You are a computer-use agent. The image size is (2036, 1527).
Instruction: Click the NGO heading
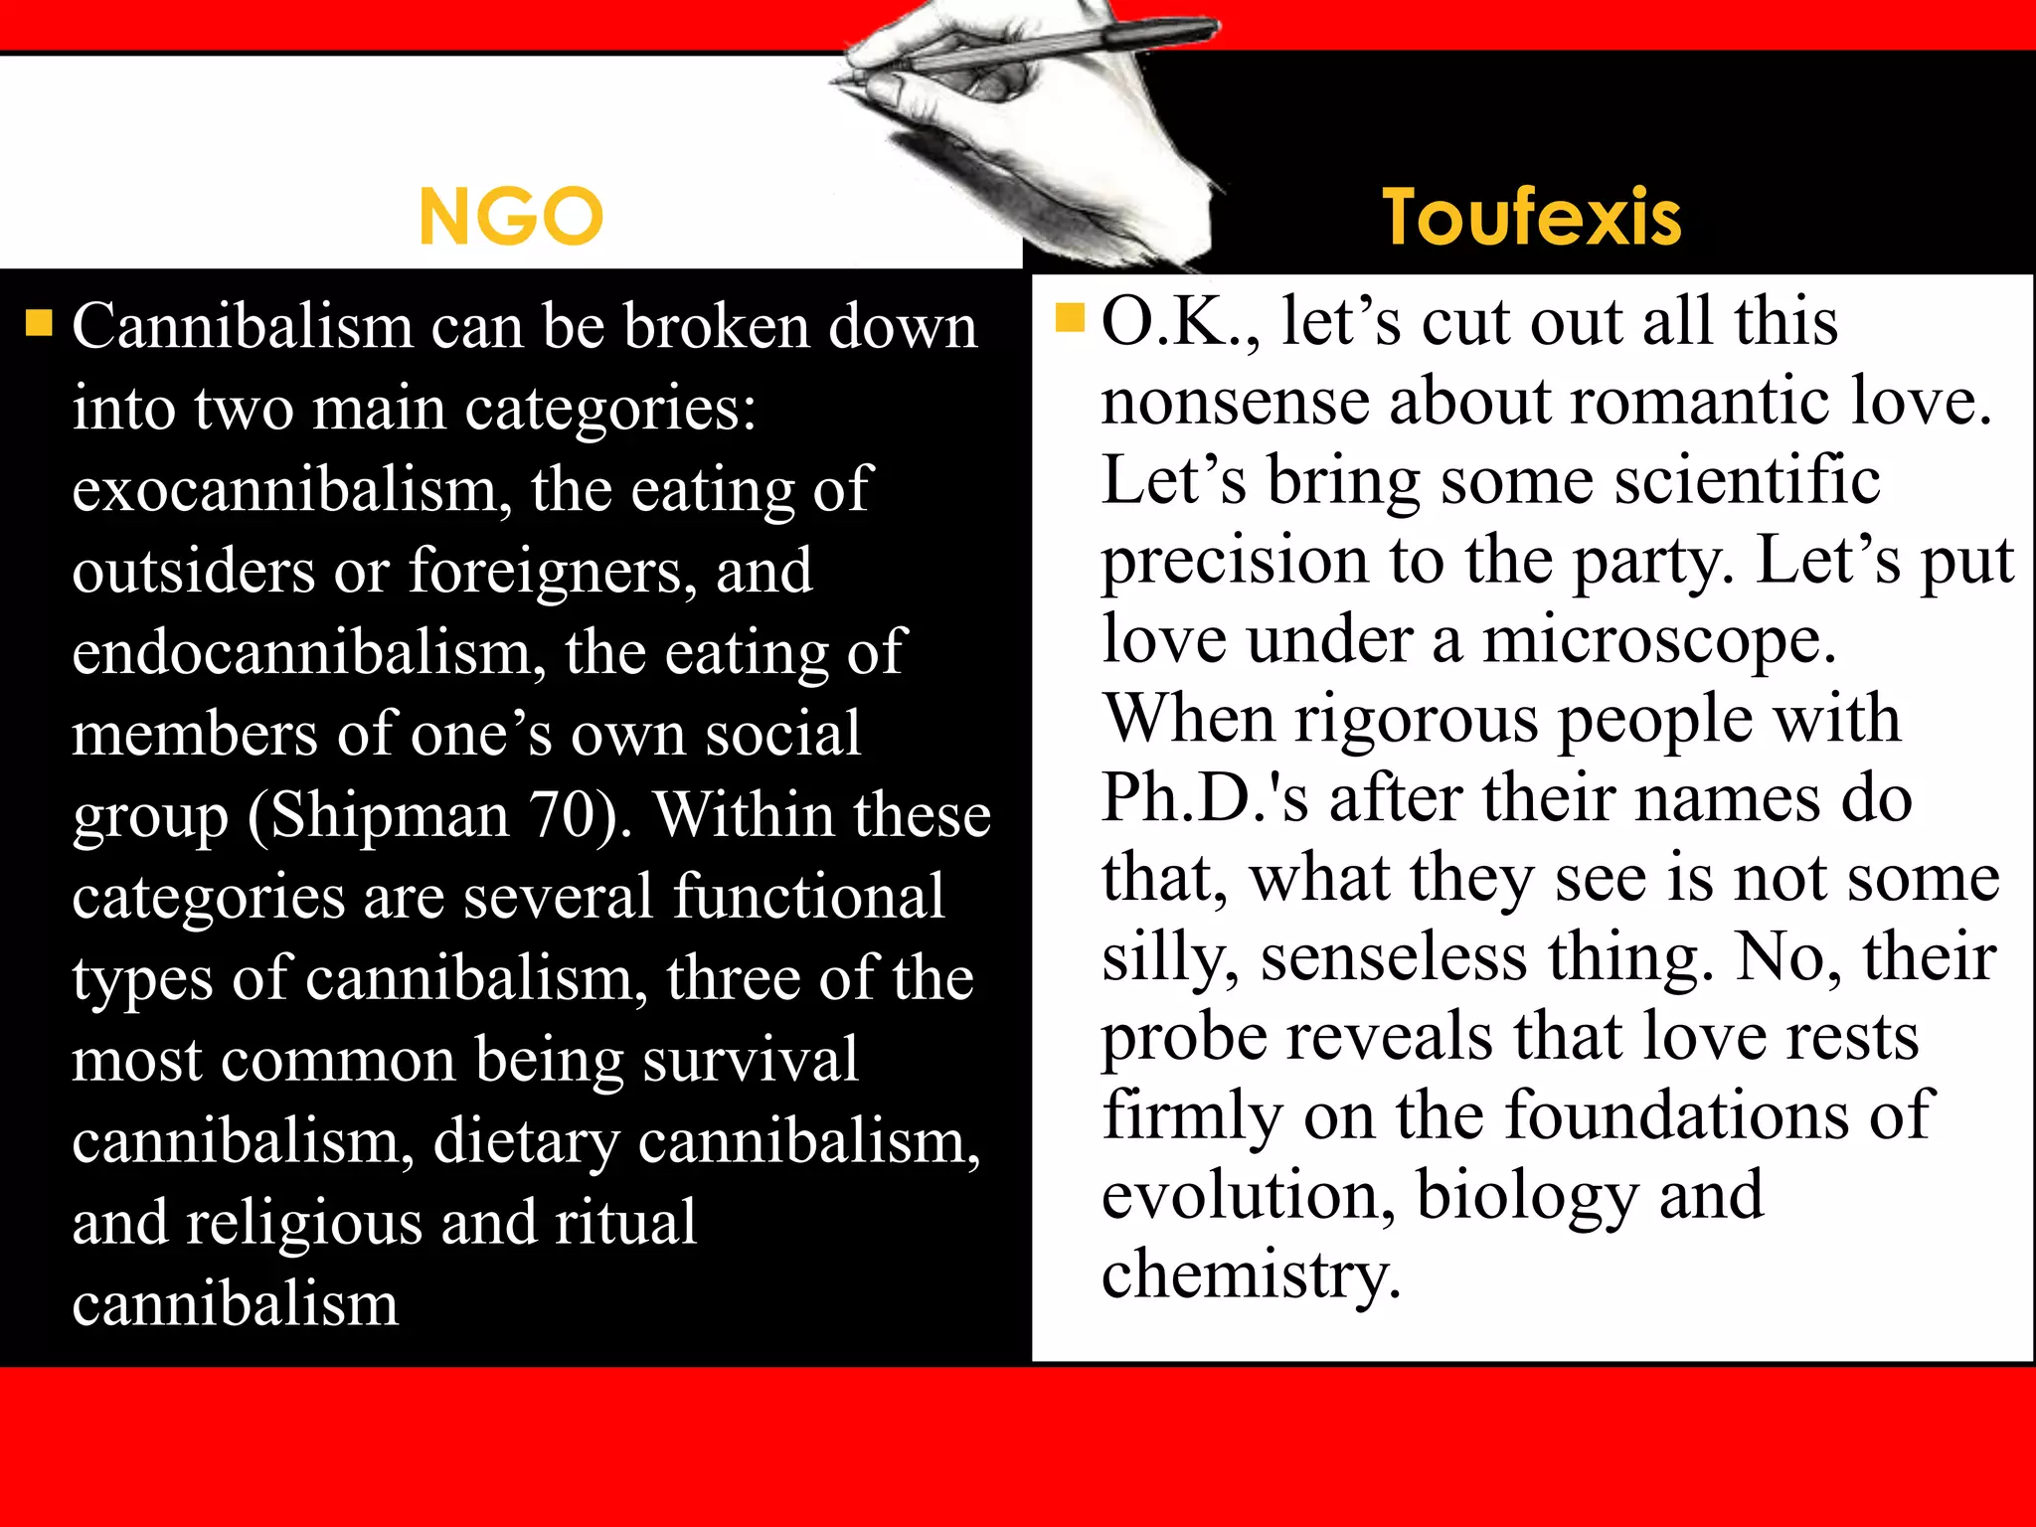coord(511,216)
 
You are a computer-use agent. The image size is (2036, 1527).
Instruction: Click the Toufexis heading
coord(1531,217)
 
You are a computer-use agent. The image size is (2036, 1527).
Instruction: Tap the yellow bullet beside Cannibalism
coord(39,323)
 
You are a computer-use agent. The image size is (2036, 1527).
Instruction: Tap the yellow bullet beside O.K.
coord(1069,317)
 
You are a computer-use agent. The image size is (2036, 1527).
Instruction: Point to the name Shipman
coord(389,815)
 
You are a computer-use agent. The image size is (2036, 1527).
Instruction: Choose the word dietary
coord(526,1141)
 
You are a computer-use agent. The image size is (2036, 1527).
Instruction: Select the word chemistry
coord(1251,1274)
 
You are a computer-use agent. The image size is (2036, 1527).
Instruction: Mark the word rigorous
coord(1418,719)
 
